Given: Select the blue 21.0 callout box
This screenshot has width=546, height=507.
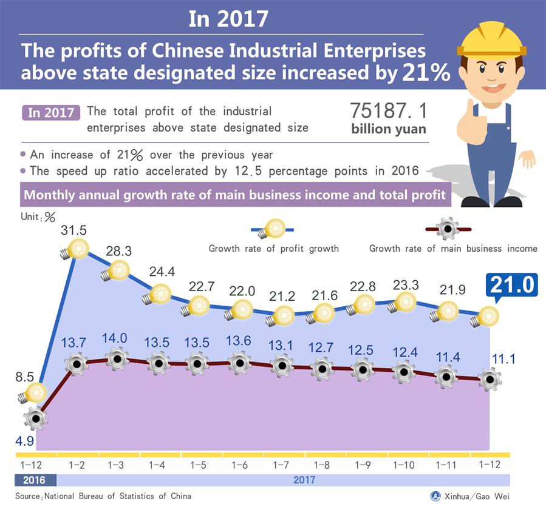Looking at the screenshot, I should point(510,285).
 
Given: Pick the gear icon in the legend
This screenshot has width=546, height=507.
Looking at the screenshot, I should point(448,229).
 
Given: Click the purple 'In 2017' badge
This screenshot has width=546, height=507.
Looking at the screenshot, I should point(50,113).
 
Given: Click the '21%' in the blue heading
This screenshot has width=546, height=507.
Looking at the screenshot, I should point(426,73).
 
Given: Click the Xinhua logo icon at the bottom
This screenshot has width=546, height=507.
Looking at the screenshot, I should point(435,495).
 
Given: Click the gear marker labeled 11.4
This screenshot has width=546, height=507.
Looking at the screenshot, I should point(446,377).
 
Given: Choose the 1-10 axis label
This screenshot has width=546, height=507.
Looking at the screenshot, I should point(404,465).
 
